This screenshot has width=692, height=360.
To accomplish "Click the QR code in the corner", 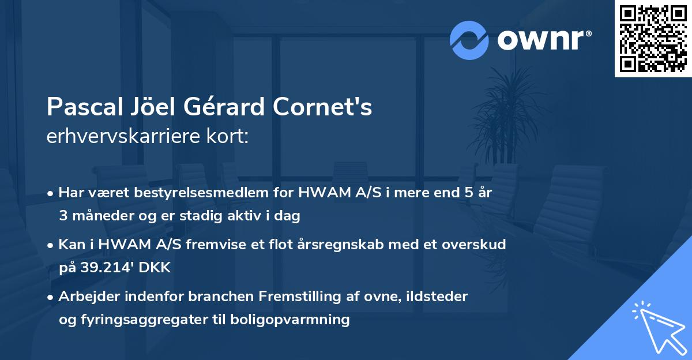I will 653,38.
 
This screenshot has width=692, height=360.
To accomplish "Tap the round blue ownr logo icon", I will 469,40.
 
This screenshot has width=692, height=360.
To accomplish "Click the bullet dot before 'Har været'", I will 51,193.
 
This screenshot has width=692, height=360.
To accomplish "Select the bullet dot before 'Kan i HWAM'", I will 51,245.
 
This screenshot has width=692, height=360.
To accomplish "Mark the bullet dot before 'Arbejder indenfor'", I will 51,297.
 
